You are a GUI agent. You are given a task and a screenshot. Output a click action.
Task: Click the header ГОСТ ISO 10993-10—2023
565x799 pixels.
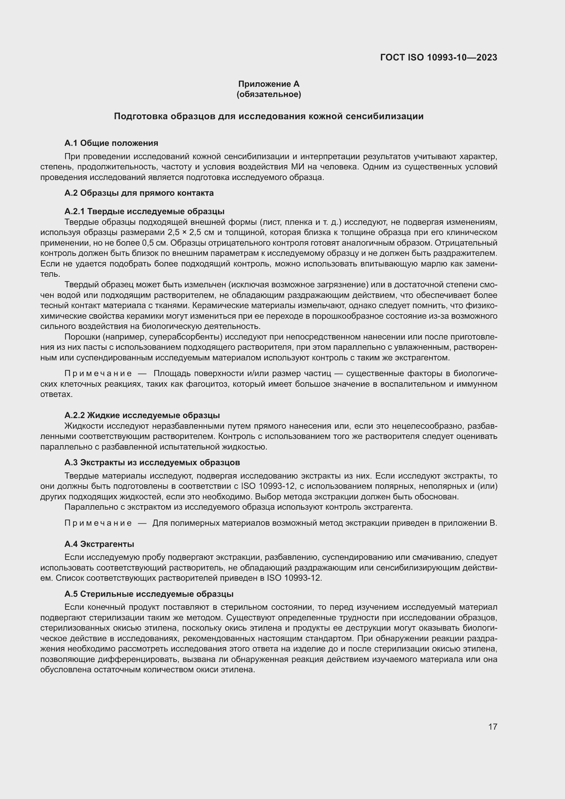[x=438, y=57]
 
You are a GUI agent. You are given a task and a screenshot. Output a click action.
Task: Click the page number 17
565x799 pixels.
[x=493, y=727]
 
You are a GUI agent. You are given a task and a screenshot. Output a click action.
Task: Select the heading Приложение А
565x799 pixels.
[x=268, y=84]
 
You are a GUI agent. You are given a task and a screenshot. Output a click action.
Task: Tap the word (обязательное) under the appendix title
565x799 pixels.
[x=268, y=94]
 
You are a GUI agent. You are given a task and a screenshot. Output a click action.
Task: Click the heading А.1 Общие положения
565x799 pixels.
[x=111, y=143]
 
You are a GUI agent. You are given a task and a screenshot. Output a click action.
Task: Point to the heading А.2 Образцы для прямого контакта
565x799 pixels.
[x=139, y=193]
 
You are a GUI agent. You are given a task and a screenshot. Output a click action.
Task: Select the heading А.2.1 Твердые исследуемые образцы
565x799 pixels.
[x=144, y=211]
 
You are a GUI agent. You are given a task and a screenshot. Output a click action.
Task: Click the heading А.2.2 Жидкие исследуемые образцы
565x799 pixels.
[x=142, y=415]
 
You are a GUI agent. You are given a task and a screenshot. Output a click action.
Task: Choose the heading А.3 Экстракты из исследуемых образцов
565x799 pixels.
[x=152, y=463]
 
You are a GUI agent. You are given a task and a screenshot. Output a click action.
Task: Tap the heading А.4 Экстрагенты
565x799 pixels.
[x=99, y=544]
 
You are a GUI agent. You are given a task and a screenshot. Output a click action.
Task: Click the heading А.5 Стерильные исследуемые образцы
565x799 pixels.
[x=149, y=594]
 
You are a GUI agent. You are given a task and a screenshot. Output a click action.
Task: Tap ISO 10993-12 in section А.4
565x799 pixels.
[x=294, y=578]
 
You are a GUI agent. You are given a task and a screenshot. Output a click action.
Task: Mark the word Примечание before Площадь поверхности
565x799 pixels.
[x=98, y=374]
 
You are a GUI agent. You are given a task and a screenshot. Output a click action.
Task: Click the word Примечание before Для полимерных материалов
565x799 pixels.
[x=98, y=523]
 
